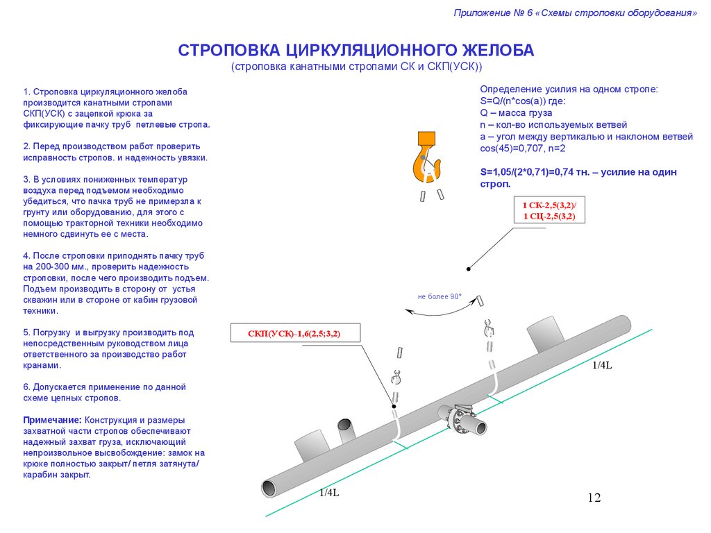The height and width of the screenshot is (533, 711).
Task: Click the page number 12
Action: pyautogui.click(x=594, y=497)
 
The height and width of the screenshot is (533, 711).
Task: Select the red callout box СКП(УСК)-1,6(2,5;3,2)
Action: pyautogui.click(x=294, y=334)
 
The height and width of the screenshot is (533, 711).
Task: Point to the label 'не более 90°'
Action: pyautogui.click(x=440, y=296)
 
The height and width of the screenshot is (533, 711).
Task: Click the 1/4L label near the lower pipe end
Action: pyautogui.click(x=329, y=493)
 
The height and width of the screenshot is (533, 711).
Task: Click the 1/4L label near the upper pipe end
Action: pyautogui.click(x=601, y=366)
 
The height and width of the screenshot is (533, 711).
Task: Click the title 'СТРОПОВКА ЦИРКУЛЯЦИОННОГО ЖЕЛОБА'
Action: pyautogui.click(x=355, y=51)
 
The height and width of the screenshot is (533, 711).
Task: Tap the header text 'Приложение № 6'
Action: pyautogui.click(x=494, y=13)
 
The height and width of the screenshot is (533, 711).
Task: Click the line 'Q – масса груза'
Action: pyautogui.click(x=516, y=112)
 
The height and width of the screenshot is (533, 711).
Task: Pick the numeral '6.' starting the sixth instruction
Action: pyautogui.click(x=26, y=387)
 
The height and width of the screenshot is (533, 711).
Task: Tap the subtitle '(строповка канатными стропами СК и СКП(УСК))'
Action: pyautogui.click(x=355, y=67)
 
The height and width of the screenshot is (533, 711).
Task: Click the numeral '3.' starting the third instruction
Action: pyautogui.click(x=26, y=179)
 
